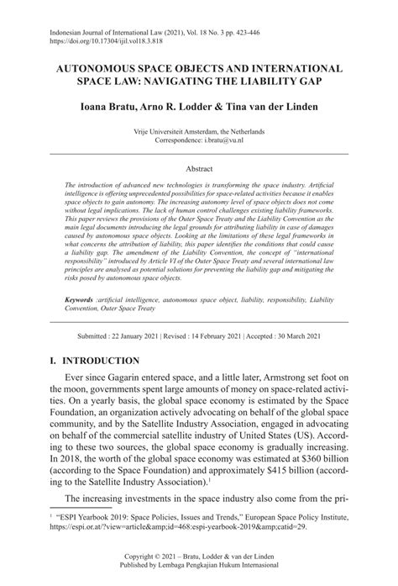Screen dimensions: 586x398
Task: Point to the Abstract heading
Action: pyautogui.click(x=198, y=168)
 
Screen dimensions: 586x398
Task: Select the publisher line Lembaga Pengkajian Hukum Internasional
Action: pyautogui.click(x=198, y=567)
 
